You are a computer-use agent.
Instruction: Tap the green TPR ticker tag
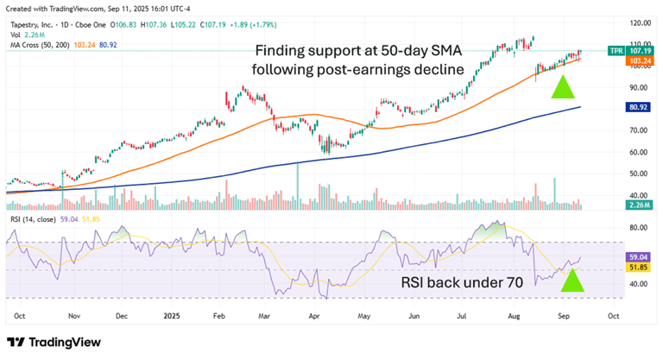(x=616, y=51)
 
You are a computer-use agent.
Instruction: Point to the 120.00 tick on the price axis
(x=640, y=23)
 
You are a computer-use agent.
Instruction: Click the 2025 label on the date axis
(x=172, y=315)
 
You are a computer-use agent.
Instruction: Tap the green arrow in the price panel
(x=563, y=85)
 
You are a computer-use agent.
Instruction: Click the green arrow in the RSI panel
(x=574, y=279)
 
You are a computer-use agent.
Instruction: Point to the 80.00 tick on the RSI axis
(x=640, y=228)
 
